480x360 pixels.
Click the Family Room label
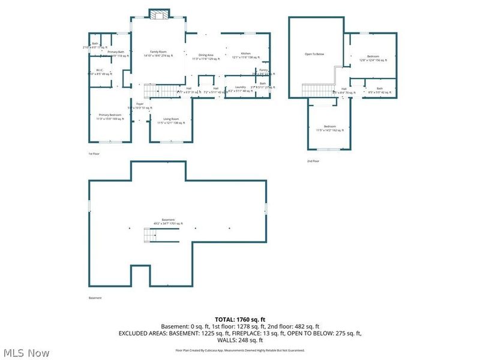158,53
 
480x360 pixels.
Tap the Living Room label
171,121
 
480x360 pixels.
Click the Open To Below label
314,55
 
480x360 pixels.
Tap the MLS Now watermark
25,353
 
